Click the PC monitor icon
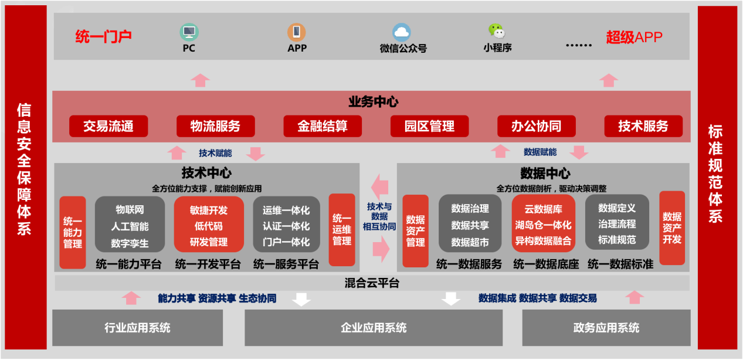pyautogui.click(x=189, y=31)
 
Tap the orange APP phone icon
pyautogui.click(x=296, y=32)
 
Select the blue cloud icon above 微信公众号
pyautogui.click(x=402, y=32)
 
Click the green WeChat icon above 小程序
pyautogui.click(x=496, y=30)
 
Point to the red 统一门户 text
pyautogui.click(x=103, y=37)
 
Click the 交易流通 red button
pyautogui.click(x=108, y=126)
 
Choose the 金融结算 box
pyautogui.click(x=323, y=126)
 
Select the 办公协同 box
pyautogui.click(x=536, y=126)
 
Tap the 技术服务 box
pyautogui.click(x=643, y=126)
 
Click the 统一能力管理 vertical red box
pyautogui.click(x=73, y=232)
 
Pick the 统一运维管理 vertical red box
pyautogui.click(x=342, y=229)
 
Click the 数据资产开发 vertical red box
pyautogui.click(x=672, y=227)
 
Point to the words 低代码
pyautogui.click(x=208, y=226)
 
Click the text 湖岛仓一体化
pyautogui.click(x=543, y=225)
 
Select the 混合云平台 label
pyautogui.click(x=372, y=284)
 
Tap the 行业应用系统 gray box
pyautogui.click(x=138, y=328)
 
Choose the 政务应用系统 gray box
pyautogui.click(x=606, y=328)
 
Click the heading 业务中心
pyautogui.click(x=373, y=102)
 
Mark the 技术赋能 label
pyautogui.click(x=215, y=153)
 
